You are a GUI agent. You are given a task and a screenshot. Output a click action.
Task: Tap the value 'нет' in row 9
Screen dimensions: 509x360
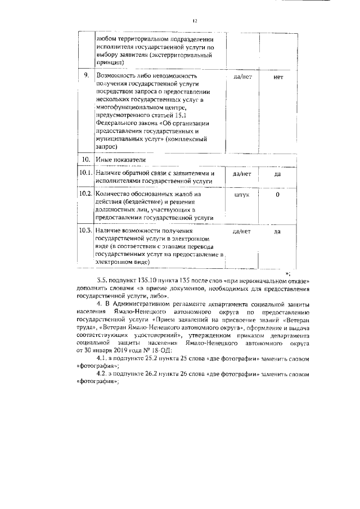[x=277, y=76]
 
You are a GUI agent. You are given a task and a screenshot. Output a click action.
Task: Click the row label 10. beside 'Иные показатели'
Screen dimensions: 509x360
[x=86, y=160]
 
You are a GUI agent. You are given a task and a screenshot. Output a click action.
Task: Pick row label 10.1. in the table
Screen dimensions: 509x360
[x=85, y=174]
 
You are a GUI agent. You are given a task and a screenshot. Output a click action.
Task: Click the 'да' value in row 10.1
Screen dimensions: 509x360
[x=277, y=174]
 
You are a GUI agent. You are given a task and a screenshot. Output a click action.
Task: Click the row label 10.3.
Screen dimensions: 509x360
[x=85, y=231]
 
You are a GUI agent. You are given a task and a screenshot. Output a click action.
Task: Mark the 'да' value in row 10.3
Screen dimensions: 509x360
[x=277, y=231]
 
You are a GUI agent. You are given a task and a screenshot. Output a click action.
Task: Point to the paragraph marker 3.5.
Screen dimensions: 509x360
[x=102, y=280]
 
